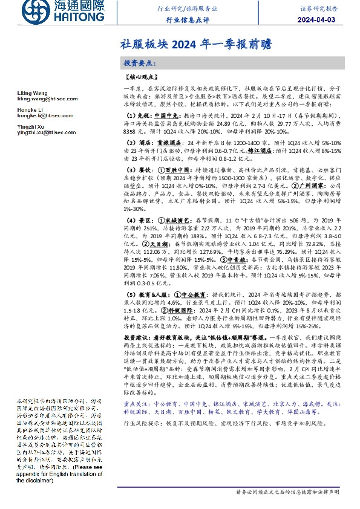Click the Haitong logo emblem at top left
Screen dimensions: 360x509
tap(31, 11)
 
